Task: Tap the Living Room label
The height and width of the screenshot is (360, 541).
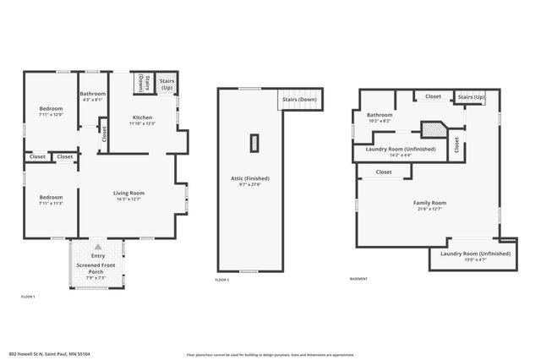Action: click(129, 194)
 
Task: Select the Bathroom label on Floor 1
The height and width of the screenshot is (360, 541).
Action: click(92, 94)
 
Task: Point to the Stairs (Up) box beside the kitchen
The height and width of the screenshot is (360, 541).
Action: click(167, 83)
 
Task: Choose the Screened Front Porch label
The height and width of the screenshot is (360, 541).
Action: click(96, 268)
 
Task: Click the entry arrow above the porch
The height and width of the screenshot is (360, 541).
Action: click(97, 246)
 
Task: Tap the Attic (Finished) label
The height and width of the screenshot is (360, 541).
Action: click(249, 178)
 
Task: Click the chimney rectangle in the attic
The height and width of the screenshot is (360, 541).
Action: click(254, 143)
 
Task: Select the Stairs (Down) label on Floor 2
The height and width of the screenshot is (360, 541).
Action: click(299, 99)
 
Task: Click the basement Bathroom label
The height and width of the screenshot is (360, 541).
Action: click(380, 115)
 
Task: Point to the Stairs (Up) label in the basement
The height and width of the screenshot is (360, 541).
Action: click(471, 97)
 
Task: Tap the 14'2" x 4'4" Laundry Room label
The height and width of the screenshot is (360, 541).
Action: click(400, 149)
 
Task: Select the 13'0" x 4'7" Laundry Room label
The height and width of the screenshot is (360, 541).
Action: click(475, 254)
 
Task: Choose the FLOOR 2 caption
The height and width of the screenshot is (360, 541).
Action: click(222, 278)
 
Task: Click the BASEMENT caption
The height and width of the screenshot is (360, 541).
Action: click(358, 278)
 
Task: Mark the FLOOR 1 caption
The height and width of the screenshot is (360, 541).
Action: click(28, 297)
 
